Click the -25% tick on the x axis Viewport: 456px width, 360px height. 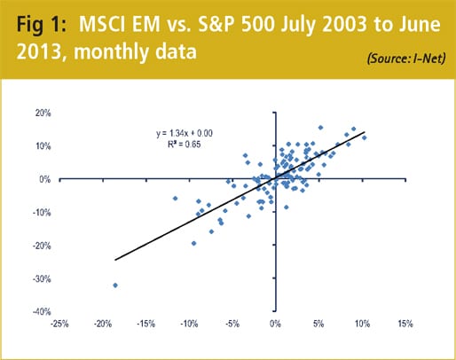point(61,324)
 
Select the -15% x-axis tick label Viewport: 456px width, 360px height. point(146,324)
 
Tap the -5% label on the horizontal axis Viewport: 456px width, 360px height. point(232,324)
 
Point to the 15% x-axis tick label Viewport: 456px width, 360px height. point(404,324)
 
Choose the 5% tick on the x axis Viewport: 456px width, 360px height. point(318,324)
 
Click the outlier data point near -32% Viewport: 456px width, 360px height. point(115,285)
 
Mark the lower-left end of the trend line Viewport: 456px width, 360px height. point(115,260)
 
